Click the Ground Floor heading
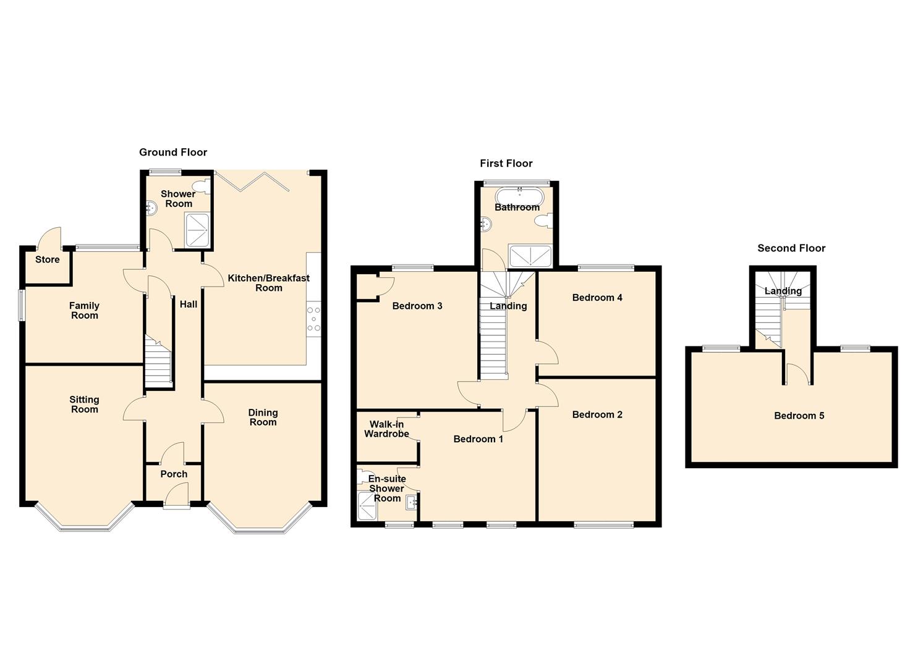tap(173, 153)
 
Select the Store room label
tap(47, 259)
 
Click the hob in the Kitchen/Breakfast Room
tap(313, 319)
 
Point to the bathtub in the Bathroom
tap(519, 195)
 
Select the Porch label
tap(174, 474)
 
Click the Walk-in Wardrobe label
tap(386, 429)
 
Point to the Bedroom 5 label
tap(799, 416)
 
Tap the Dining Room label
tap(263, 417)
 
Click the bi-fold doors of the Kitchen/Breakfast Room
tap(253, 182)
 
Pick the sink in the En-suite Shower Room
tap(411, 503)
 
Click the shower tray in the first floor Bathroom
tap(530, 256)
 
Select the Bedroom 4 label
tap(597, 298)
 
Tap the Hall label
tap(188, 304)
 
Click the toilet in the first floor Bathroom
tap(544, 220)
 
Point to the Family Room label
tap(85, 311)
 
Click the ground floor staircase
tap(158, 361)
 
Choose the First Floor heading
tap(506, 164)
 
